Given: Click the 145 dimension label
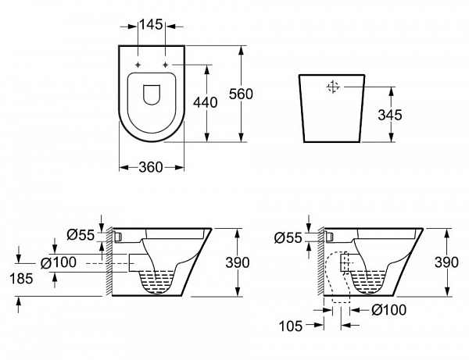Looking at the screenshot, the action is point(151,24).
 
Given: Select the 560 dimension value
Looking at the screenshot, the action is point(241,94).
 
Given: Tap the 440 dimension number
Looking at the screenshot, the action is point(205,103).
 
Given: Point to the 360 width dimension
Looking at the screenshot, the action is point(151,167).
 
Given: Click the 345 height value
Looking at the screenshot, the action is point(390,115).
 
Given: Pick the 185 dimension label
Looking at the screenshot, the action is point(21,279).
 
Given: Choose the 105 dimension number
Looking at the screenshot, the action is point(291,326).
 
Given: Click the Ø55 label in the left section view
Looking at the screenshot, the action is point(81,235).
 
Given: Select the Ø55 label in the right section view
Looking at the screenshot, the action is point(288,238).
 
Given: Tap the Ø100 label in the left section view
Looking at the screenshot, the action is point(59,262).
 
